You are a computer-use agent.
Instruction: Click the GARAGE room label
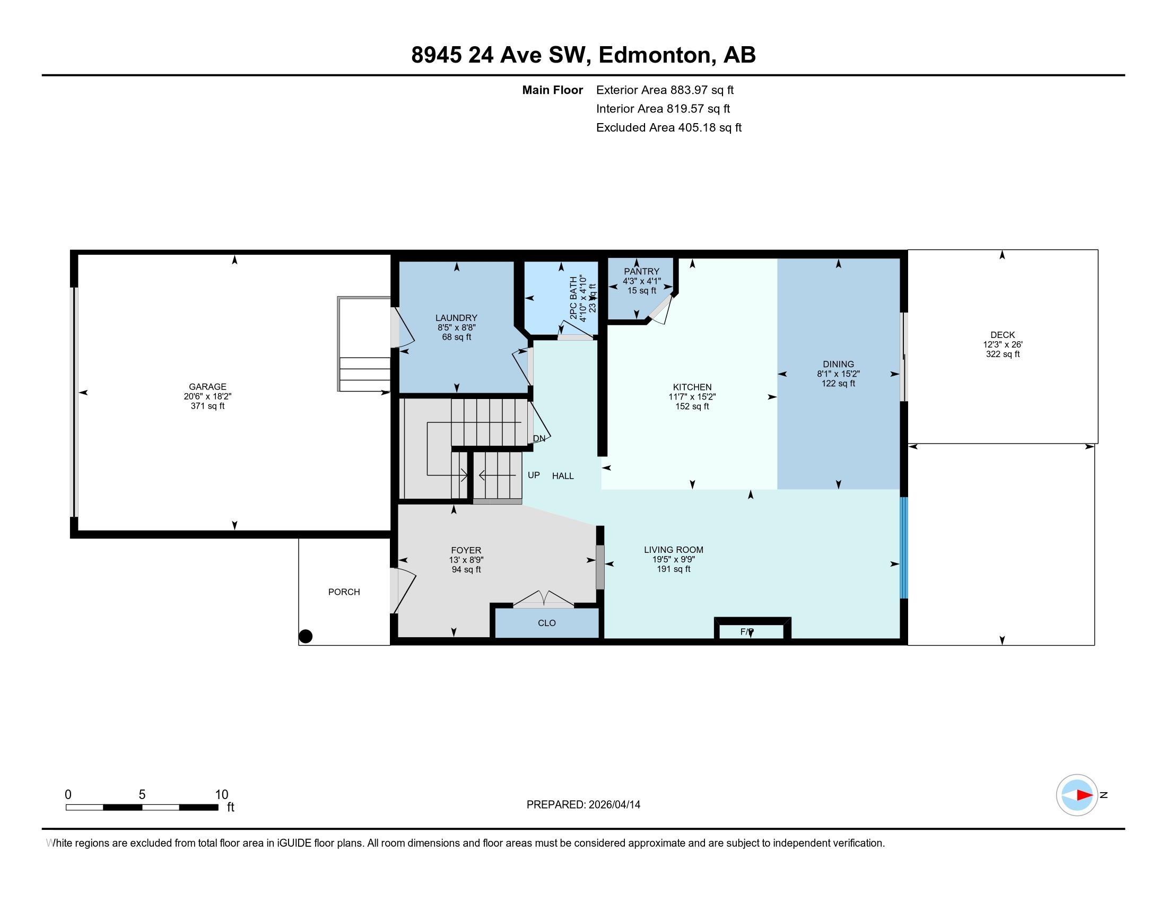point(207,386)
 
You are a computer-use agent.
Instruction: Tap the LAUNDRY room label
point(456,318)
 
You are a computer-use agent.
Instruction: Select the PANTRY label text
point(642,272)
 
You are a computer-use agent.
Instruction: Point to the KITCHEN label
point(692,387)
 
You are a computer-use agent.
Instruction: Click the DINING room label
point(838,365)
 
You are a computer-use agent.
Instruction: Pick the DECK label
point(1003,335)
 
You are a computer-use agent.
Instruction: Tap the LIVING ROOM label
point(673,549)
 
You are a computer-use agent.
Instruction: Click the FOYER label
point(466,550)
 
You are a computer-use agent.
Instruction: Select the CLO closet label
point(546,623)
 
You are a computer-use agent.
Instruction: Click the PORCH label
point(344,592)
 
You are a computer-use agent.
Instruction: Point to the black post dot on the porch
point(306,636)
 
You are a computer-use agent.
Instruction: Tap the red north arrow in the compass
point(1084,795)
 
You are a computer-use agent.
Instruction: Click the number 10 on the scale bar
point(222,795)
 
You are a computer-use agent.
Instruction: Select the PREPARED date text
point(583,805)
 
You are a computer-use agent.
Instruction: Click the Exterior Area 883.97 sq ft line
point(665,90)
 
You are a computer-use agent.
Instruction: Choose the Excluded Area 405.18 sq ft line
point(669,127)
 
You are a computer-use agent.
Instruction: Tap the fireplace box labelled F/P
point(752,629)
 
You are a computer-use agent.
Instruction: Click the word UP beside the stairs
point(534,475)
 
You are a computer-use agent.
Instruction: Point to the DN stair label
point(539,438)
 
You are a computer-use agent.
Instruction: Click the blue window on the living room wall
point(903,548)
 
